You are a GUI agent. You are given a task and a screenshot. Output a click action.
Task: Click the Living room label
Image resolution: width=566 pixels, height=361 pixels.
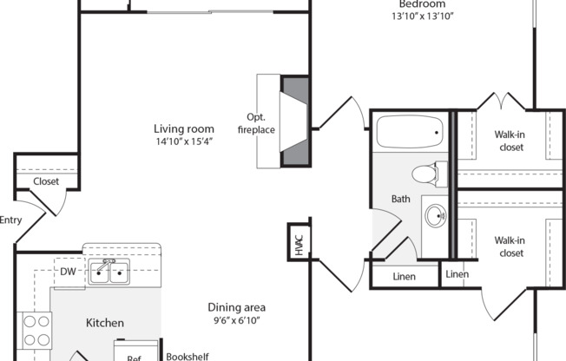pos(184,129)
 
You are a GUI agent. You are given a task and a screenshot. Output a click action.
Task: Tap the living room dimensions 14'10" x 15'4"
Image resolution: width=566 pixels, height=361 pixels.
pos(184,141)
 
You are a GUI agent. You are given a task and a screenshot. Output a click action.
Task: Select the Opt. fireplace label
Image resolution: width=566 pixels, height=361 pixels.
pos(260,123)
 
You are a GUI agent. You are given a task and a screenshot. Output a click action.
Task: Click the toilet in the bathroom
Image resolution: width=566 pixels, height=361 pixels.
pos(426,174)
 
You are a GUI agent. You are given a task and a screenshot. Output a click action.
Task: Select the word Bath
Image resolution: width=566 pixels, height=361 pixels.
pos(401,199)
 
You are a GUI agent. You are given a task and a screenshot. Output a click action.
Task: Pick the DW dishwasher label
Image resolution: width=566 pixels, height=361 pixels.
pos(69,272)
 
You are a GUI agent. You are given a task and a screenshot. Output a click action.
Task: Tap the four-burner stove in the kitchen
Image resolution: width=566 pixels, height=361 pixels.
pos(35,329)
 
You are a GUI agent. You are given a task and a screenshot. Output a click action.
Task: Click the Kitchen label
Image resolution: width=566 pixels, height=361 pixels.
pos(104,323)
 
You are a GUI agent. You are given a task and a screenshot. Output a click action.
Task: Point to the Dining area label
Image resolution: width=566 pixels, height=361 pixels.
pos(236,307)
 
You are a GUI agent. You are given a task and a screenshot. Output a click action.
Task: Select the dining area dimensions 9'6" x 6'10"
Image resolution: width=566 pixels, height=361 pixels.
pos(236,320)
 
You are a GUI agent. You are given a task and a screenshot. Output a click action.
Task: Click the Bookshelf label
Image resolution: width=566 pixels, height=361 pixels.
pos(188,355)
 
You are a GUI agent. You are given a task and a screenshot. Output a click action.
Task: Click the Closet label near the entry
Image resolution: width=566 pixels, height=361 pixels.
pos(45,181)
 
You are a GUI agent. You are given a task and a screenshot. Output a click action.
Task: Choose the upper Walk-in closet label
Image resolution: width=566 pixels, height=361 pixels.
pos(509,141)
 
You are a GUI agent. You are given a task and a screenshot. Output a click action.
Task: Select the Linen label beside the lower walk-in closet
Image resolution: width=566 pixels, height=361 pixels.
pos(457,274)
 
